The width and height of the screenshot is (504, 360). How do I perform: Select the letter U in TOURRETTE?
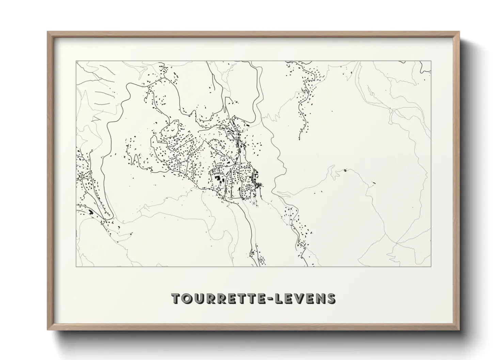click(x=199, y=298)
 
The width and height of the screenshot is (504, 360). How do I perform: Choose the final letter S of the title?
click(x=331, y=298)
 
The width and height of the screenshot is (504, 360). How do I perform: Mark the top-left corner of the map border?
click(x=76, y=61)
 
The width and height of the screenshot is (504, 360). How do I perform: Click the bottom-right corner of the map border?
click(x=431, y=266)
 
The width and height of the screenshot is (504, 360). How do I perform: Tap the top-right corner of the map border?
click(x=431, y=61)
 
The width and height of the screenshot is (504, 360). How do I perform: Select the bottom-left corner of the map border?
click(x=76, y=266)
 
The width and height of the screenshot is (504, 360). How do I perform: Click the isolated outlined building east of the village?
click(x=345, y=170)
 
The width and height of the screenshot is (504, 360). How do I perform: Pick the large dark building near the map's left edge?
click(x=91, y=212)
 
